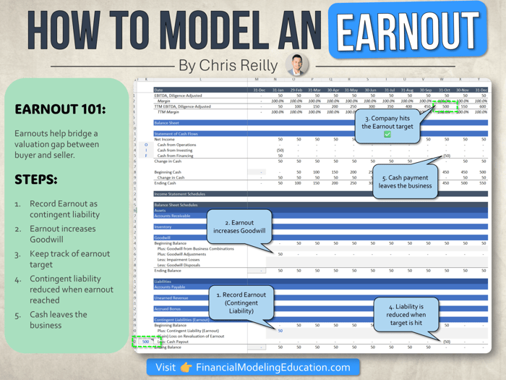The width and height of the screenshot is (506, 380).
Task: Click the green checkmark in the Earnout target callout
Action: coord(387,135)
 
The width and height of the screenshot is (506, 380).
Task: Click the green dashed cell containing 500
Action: coord(146,341)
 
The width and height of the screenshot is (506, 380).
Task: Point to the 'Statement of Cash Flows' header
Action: coord(177,133)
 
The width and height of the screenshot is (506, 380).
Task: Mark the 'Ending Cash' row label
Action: coord(167,183)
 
